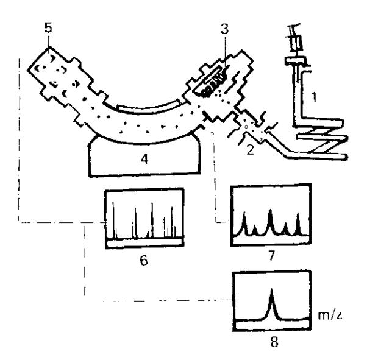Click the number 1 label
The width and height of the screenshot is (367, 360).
tap(314, 97)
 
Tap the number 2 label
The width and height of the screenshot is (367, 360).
tap(250, 150)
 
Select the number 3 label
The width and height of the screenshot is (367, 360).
tap(224, 29)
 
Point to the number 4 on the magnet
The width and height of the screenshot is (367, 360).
tap(144, 160)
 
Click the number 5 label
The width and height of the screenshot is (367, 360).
tap(48, 28)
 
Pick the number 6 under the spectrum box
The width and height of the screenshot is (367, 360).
tap(144, 260)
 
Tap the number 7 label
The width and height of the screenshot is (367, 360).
tap(271, 256)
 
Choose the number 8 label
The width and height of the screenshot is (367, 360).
tap(274, 342)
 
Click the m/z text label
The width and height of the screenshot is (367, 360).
tap(330, 315)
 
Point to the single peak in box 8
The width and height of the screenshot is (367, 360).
tap(271, 304)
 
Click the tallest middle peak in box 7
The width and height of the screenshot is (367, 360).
tap(270, 221)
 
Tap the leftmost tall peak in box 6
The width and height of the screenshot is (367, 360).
tap(113, 220)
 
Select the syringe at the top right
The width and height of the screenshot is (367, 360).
tap(296, 38)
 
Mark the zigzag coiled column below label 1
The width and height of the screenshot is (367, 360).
tap(321, 139)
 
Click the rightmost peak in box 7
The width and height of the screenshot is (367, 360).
tap(298, 224)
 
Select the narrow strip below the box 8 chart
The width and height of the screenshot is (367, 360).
tap(273, 325)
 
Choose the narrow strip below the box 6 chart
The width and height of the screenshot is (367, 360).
tap(144, 243)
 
